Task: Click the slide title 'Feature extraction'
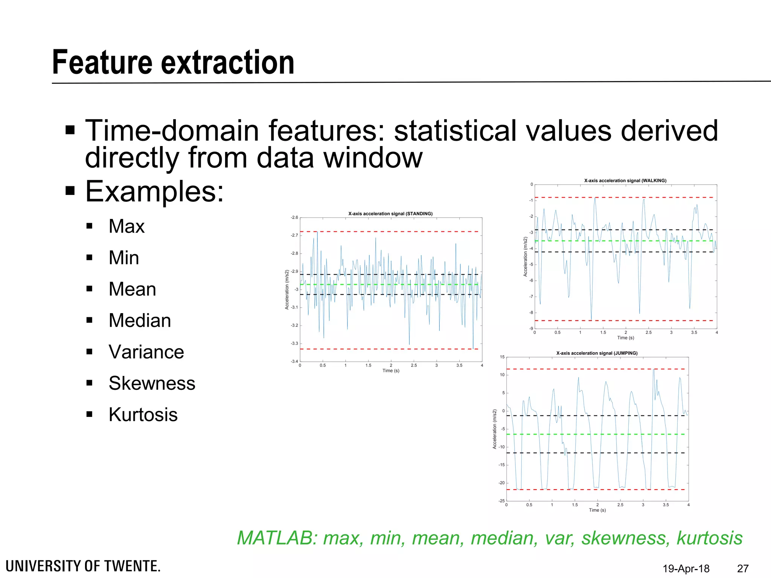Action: [x=173, y=62]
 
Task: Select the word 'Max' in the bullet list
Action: [x=126, y=227]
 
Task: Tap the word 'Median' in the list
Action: [x=140, y=321]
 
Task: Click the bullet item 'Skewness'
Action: [x=152, y=383]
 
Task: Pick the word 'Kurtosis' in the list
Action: [x=143, y=415]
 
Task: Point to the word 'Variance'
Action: [x=146, y=352]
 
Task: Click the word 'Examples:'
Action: [x=154, y=192]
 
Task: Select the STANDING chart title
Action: [x=390, y=214]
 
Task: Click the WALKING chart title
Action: [x=625, y=181]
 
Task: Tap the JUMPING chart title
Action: [x=597, y=353]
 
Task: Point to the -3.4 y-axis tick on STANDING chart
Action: [x=294, y=362]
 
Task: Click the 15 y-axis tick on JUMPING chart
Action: [x=502, y=357]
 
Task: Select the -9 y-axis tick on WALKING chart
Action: [x=531, y=329]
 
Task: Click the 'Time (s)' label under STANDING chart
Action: [x=391, y=371]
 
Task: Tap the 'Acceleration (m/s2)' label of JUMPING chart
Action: [x=495, y=429]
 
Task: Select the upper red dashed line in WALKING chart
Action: [x=625, y=198]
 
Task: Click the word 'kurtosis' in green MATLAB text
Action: [x=709, y=538]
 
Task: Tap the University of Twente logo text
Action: [x=83, y=566]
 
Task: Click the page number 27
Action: [x=743, y=568]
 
